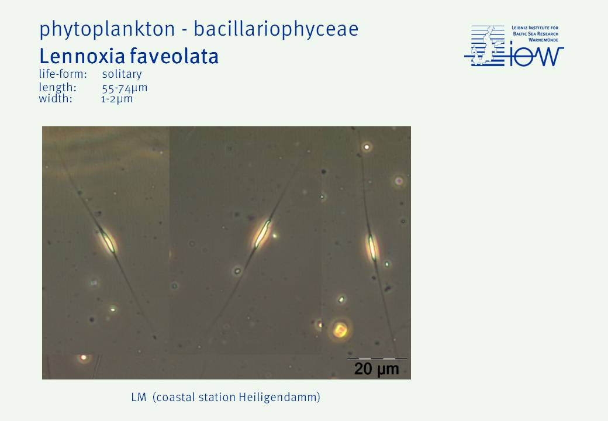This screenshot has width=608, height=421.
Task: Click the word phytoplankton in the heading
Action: [x=107, y=29]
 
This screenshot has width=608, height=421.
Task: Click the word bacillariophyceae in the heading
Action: [x=276, y=29]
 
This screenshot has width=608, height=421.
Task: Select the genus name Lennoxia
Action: [x=81, y=56]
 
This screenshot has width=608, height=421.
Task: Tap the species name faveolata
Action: [x=174, y=56]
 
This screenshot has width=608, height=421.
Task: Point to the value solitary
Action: [x=122, y=74]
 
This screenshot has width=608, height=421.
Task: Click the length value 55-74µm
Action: [x=125, y=88]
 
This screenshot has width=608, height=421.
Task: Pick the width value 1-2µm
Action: [x=117, y=99]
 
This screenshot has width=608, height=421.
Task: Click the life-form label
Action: [x=63, y=74]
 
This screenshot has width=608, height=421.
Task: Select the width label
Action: [x=56, y=99]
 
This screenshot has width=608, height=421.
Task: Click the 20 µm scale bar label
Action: [x=376, y=368]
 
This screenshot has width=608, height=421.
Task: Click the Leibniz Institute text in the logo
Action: [x=535, y=28]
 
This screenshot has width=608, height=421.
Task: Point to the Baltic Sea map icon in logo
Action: [x=485, y=46]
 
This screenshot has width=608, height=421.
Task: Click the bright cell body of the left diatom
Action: [x=107, y=241]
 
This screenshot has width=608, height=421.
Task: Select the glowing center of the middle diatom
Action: [x=262, y=233]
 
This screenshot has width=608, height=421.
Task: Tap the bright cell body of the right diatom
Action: [x=372, y=247]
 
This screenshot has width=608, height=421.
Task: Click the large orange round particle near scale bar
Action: [x=340, y=330]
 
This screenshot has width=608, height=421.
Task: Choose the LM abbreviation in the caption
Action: [x=139, y=398]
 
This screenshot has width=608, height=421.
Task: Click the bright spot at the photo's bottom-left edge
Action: [x=84, y=357]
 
